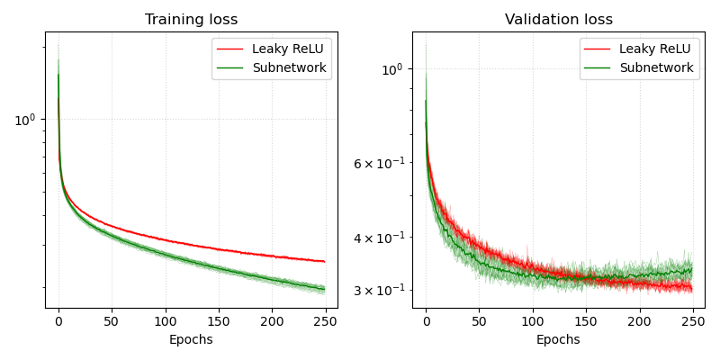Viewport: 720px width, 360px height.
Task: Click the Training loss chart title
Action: (x=192, y=20)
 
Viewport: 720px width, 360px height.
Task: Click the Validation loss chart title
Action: (x=558, y=20)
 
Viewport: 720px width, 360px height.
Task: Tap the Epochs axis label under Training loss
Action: (x=192, y=339)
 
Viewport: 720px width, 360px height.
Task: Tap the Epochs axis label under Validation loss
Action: (x=558, y=339)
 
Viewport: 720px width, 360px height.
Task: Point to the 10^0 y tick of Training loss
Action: (x=24, y=120)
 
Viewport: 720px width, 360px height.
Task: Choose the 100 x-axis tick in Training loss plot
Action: (x=165, y=320)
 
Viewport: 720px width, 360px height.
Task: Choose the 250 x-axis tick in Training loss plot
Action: (x=325, y=320)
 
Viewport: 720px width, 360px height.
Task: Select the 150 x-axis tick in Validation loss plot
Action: (x=586, y=320)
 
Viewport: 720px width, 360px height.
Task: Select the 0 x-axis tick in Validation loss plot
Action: (x=426, y=320)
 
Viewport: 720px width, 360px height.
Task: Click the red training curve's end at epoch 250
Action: (x=324, y=261)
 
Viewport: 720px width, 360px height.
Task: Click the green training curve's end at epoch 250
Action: (x=324, y=289)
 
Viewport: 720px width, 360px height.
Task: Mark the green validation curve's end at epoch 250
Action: (x=691, y=269)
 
